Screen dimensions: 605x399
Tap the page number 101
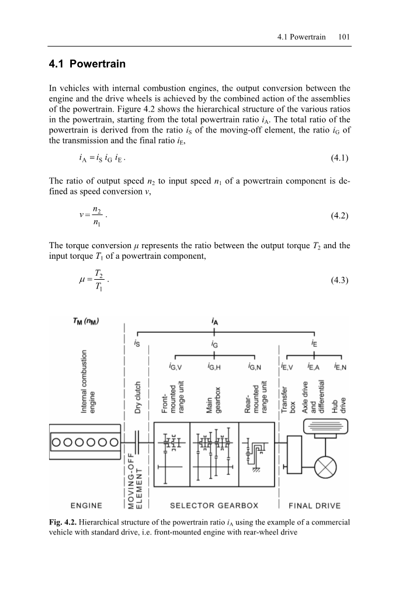[344, 37]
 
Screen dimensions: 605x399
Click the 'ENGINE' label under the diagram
[86, 505]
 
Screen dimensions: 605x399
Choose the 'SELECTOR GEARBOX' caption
[214, 505]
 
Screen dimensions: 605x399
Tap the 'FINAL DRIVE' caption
[315, 505]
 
